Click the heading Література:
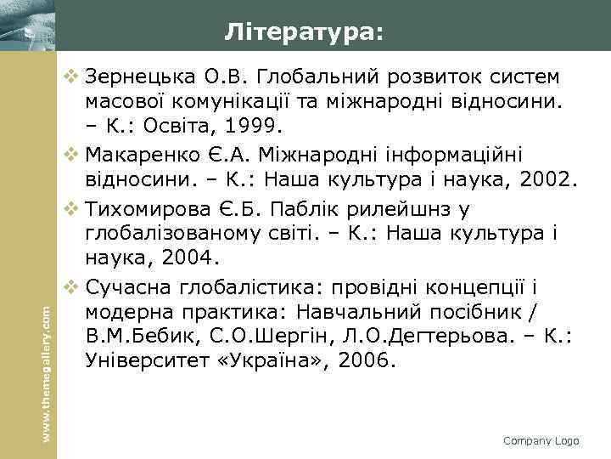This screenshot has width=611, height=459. click(x=304, y=32)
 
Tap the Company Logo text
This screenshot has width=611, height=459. click(x=541, y=440)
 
